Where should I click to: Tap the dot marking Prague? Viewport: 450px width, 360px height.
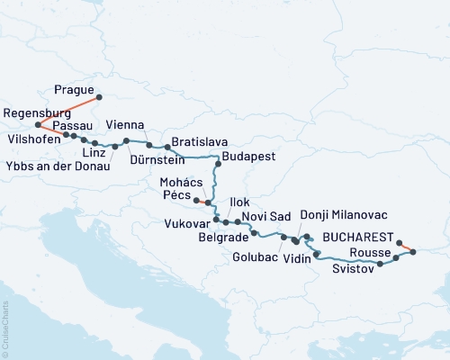coord(99,97)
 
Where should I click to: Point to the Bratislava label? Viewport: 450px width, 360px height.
coord(199,142)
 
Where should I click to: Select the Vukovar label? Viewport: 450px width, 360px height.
coord(187,222)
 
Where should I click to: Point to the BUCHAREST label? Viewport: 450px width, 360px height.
coord(358,237)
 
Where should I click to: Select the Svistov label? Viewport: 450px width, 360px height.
coord(354,269)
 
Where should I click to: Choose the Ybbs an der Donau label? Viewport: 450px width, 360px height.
coord(57,166)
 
